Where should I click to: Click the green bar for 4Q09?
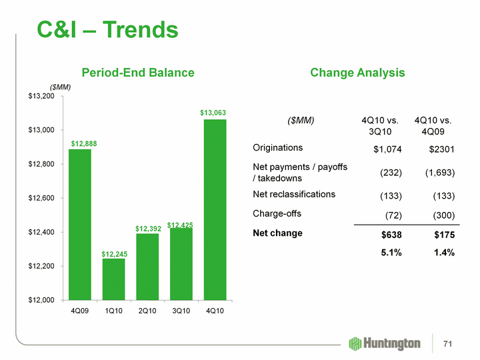(x=79, y=225)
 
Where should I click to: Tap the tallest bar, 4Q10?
(x=214, y=209)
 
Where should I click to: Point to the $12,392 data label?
(x=148, y=229)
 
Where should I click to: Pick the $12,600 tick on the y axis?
(x=41, y=198)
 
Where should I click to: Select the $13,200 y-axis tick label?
(x=41, y=96)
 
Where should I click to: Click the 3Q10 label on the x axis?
(x=181, y=311)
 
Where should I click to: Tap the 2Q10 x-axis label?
(x=147, y=311)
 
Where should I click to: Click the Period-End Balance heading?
(x=138, y=72)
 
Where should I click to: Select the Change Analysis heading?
(x=357, y=72)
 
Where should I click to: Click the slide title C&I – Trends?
(x=107, y=29)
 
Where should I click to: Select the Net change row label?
(x=277, y=233)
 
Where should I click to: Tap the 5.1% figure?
(x=389, y=253)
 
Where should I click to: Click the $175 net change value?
(x=444, y=235)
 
